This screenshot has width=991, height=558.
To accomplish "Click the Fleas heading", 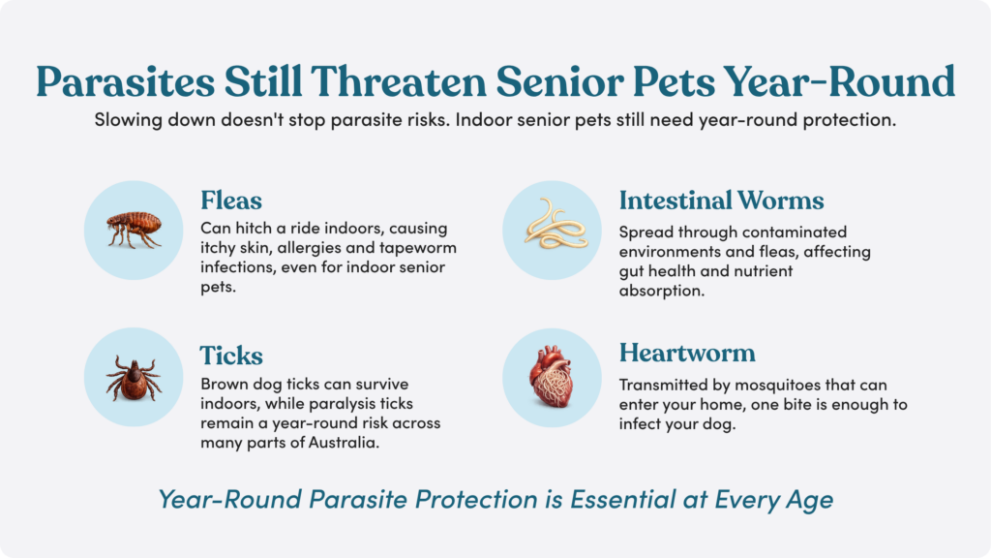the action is [x=231, y=201].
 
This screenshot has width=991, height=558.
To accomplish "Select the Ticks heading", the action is [x=231, y=356].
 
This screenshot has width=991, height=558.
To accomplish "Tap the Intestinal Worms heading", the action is [x=721, y=201].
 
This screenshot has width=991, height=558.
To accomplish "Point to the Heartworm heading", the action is [x=687, y=353].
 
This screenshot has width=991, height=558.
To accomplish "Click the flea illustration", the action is [x=134, y=229].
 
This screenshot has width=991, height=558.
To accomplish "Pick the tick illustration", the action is [x=134, y=378].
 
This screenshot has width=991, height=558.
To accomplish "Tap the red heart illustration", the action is [x=551, y=377].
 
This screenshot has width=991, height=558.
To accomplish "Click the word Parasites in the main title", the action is [x=125, y=81].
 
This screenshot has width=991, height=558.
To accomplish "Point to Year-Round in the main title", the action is [x=839, y=81].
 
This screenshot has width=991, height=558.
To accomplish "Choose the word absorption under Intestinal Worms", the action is [x=662, y=291].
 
